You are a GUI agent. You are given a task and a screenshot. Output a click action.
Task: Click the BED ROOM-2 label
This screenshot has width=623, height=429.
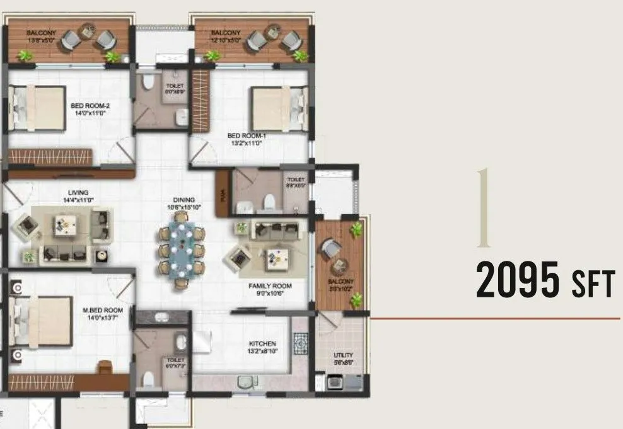click(x=88, y=107)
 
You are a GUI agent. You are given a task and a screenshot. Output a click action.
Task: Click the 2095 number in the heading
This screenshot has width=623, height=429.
click(x=517, y=282)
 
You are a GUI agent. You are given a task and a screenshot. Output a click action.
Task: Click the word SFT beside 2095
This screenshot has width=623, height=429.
click(x=592, y=285)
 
